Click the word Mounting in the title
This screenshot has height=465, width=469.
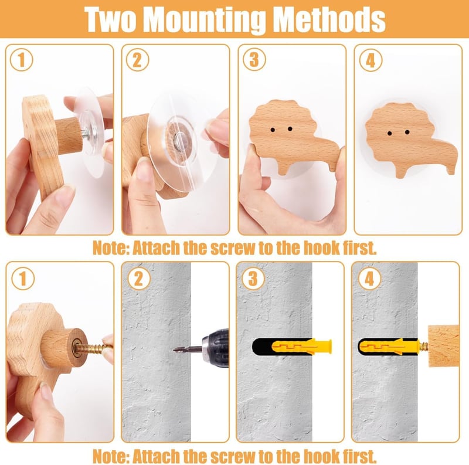205,20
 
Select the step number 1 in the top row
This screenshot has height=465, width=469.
21,60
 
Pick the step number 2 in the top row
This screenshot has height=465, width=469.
137,60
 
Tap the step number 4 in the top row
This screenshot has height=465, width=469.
371,60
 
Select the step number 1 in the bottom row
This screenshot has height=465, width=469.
23,279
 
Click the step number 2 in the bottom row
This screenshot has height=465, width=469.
139,279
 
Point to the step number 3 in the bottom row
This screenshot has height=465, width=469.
253,279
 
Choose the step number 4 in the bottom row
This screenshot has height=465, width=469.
369,279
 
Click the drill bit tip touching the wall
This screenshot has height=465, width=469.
174,349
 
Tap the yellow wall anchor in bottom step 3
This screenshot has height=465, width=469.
301,346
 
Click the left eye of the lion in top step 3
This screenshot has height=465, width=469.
273,130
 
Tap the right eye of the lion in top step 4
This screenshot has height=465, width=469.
407,132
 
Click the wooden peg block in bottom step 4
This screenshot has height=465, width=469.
443,346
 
